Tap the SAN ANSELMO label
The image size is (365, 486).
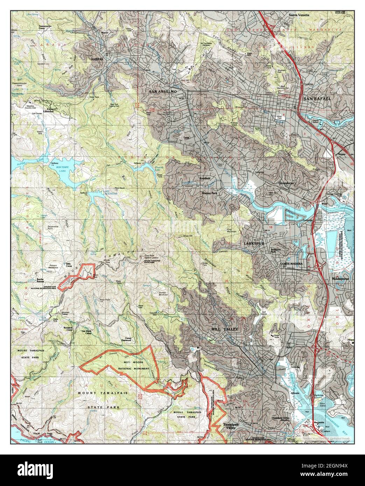(163, 92)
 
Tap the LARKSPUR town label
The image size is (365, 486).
(250, 243)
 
